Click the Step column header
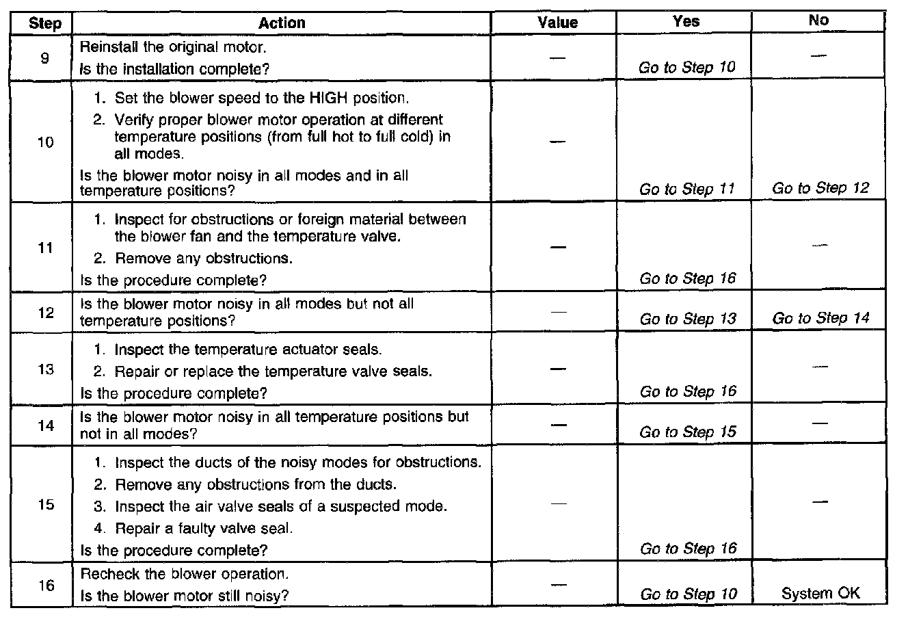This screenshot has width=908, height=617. pyautogui.click(x=45, y=23)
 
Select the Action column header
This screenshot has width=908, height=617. pyautogui.click(x=281, y=23)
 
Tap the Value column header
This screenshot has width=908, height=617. pyautogui.click(x=557, y=23)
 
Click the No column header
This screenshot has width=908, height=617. pyautogui.click(x=818, y=21)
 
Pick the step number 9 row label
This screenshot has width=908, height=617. pyautogui.click(x=44, y=58)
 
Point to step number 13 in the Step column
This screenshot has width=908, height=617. pyautogui.click(x=44, y=370)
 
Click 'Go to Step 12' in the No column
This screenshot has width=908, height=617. pyautogui.click(x=820, y=189)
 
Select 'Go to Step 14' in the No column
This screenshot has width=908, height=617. pyautogui.click(x=820, y=318)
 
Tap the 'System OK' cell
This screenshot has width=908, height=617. pyautogui.click(x=820, y=594)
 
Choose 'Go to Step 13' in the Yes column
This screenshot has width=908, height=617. pyautogui.click(x=688, y=319)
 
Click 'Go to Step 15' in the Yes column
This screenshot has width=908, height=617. pyautogui.click(x=688, y=432)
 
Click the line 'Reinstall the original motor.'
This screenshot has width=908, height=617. pyautogui.click(x=173, y=48)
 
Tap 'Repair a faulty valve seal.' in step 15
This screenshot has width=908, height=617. pyautogui.click(x=204, y=528)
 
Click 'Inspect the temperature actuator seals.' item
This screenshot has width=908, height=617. pyautogui.click(x=248, y=350)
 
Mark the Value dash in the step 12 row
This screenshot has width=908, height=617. pyautogui.click(x=557, y=311)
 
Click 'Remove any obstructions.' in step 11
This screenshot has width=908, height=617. pyautogui.click(x=204, y=259)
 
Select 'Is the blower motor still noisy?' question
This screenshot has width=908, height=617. pyautogui.click(x=184, y=595)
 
